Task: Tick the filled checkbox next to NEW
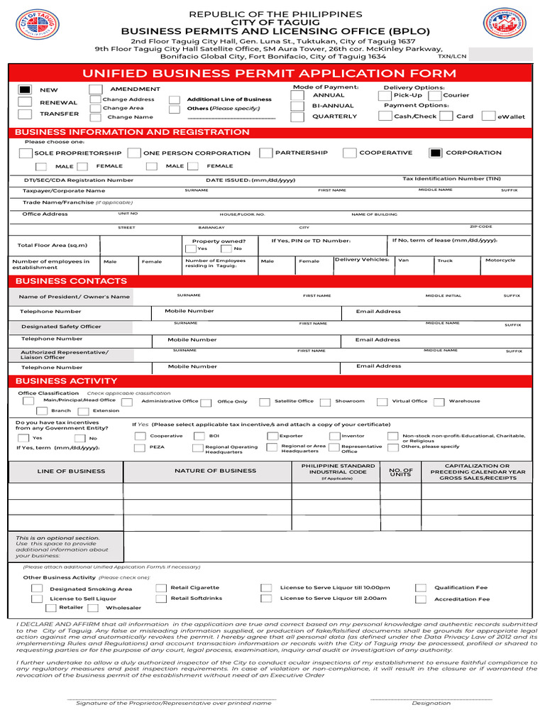pos(25,90)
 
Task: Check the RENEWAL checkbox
pos(25,102)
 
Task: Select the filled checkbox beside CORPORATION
pos(436,153)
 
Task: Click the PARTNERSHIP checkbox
pos(265,153)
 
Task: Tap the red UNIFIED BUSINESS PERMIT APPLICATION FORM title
pos(269,73)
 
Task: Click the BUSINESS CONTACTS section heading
pos(71,281)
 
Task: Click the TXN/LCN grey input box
pos(500,55)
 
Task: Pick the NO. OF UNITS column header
pos(401,471)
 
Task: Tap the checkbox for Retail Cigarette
pos(162,588)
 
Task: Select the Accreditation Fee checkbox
pos(421,599)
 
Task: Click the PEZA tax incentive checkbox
pos(141,447)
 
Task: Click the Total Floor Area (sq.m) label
pos(53,245)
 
